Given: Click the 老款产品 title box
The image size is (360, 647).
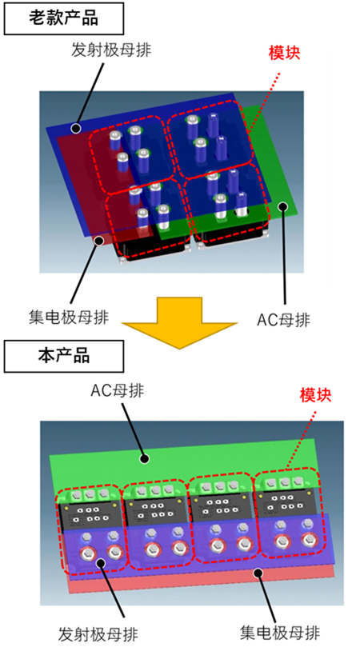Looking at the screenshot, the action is [63, 18].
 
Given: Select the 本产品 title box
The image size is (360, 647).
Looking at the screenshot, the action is [63, 356].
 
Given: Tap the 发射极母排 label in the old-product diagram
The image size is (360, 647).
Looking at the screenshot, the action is [111, 50].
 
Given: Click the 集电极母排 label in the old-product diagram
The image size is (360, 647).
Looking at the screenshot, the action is [69, 318].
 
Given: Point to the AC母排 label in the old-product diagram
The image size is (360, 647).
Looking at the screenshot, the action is [283, 320].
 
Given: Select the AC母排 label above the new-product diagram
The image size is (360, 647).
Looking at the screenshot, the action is [118, 390].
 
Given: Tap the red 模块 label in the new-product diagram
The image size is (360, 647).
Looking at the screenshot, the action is [316, 396].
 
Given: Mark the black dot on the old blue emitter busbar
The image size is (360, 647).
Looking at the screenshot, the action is [75, 129].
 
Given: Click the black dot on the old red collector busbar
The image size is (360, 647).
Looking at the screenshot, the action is [98, 240].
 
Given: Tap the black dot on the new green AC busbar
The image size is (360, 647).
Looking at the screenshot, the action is [144, 458].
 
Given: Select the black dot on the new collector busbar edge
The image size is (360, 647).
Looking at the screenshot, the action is [258, 573].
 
